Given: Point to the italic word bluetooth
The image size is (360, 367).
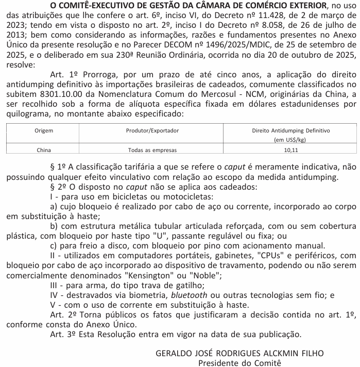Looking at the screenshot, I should [190, 295].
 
